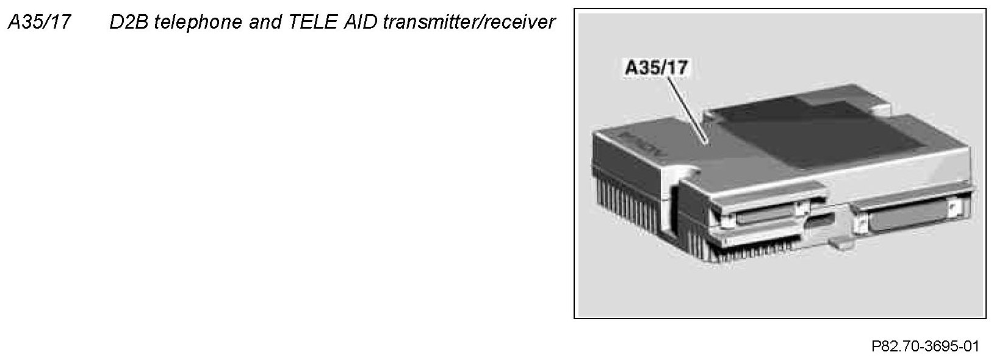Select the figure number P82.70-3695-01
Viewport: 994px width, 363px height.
924,347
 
